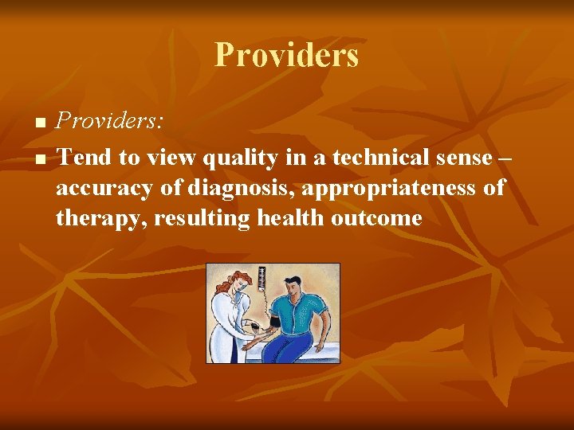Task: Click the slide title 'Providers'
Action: [x=286, y=56]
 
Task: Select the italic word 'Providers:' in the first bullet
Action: [x=110, y=121]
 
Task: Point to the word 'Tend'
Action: [x=84, y=158]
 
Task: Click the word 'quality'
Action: [x=230, y=158]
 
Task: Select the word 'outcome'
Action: [x=379, y=217]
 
